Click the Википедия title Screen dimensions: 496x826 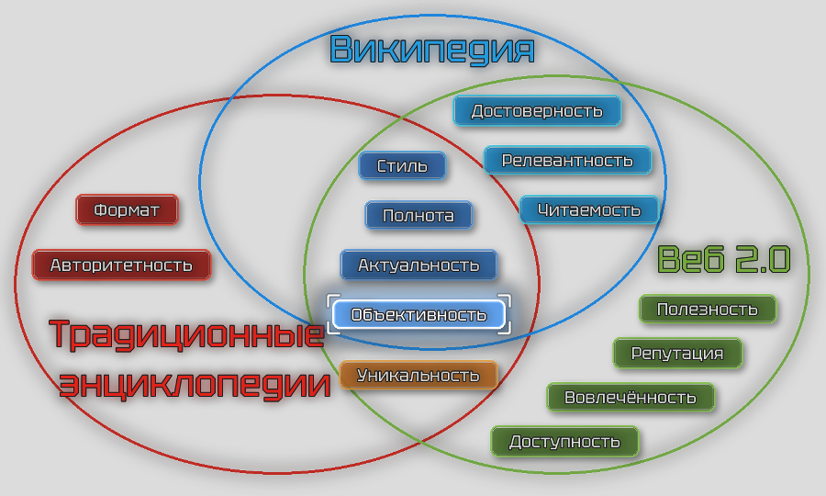(x=431, y=50)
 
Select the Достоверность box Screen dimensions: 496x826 (x=537, y=111)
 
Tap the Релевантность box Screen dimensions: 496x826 (x=567, y=161)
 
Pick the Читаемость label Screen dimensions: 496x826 (x=589, y=209)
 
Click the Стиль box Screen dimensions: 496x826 (x=402, y=166)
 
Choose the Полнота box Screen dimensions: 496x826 (x=419, y=216)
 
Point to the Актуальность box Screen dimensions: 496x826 (x=419, y=265)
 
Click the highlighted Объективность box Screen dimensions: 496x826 (x=419, y=315)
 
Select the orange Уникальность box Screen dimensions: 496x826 (x=419, y=375)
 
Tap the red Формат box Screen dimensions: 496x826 (x=127, y=210)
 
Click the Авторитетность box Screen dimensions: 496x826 (x=121, y=265)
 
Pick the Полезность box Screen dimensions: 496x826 (x=708, y=309)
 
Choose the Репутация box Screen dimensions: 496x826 (x=677, y=353)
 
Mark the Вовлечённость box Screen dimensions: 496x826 (x=631, y=398)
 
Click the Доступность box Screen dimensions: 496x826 (x=564, y=442)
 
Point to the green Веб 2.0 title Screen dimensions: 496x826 (x=724, y=260)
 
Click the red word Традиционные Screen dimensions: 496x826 (x=186, y=334)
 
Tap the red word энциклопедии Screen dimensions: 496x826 (x=195, y=382)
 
